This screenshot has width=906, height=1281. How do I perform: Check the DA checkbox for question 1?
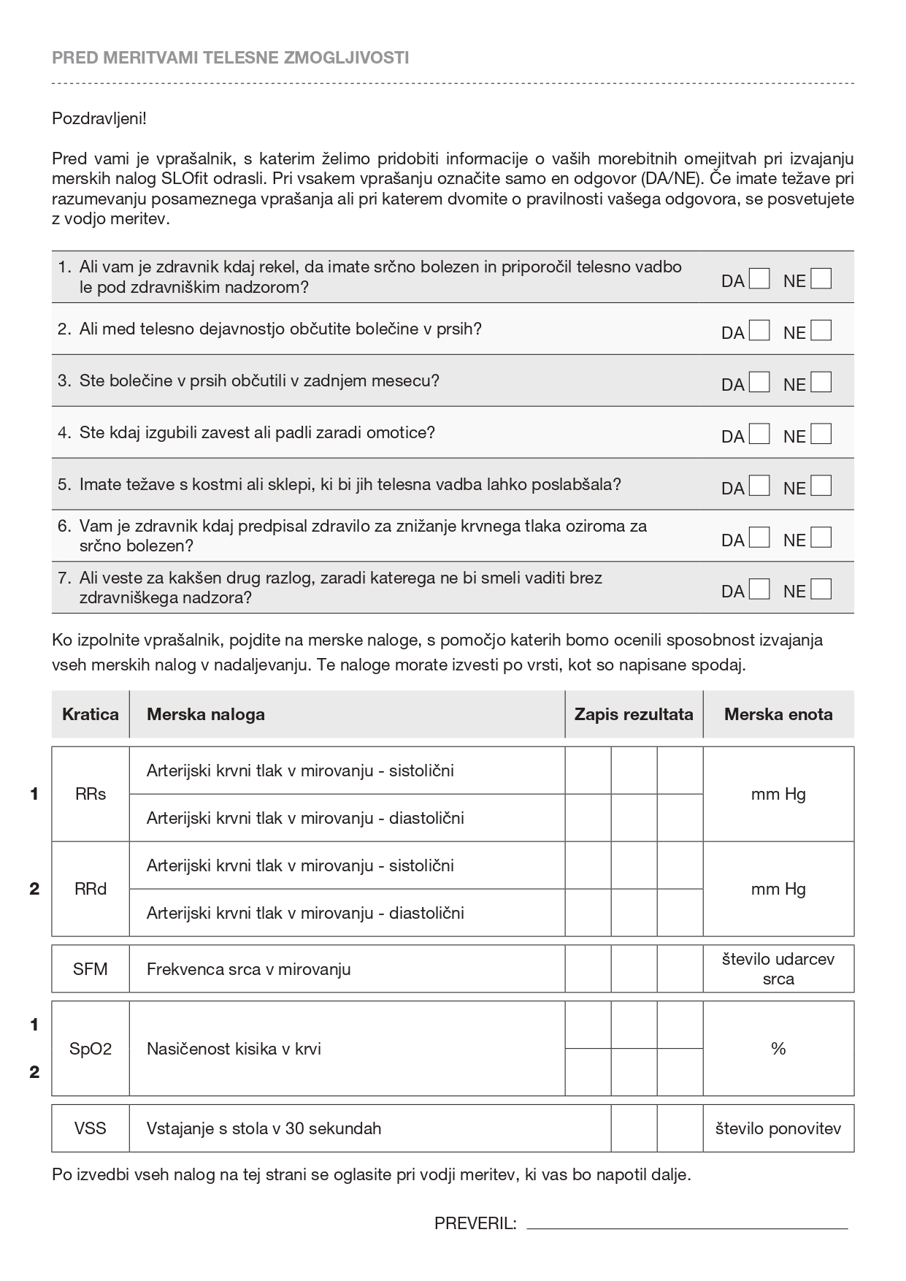[760, 279]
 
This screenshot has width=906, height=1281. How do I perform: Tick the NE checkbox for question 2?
[821, 331]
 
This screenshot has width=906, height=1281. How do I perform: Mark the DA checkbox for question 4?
[760, 435]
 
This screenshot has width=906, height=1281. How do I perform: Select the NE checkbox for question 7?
[821, 589]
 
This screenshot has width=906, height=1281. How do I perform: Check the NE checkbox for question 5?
[821, 486]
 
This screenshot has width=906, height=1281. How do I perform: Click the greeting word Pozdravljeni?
[99, 118]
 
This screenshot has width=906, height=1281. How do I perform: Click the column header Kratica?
[91, 714]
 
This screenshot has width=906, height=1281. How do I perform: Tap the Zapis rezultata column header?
[634, 714]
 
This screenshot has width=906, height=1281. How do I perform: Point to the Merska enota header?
[778, 714]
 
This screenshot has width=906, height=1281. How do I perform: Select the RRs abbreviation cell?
[91, 794]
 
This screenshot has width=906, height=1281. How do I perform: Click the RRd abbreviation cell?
[91, 889]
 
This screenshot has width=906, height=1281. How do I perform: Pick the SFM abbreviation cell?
[91, 969]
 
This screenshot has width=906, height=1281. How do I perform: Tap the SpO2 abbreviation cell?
[91, 1049]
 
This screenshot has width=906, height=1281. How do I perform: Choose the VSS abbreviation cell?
[91, 1128]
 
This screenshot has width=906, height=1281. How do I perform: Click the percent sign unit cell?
[778, 1049]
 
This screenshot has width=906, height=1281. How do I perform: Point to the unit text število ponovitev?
[778, 1128]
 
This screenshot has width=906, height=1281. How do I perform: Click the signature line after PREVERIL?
[686, 1225]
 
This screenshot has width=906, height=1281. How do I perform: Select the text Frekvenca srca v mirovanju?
[249, 969]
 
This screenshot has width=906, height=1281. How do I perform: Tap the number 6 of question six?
[64, 526]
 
